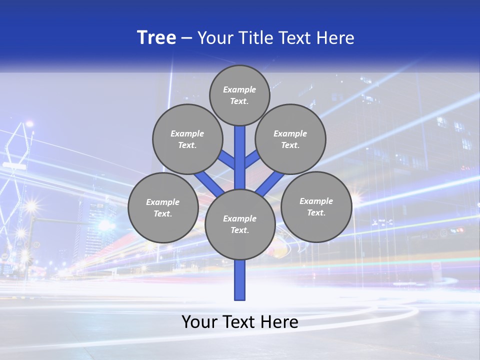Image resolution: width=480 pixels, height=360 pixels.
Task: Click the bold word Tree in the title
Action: (156, 38)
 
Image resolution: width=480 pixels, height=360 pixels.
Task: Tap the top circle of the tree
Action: (239, 95)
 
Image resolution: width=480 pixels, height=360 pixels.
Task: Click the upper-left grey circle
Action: (187, 139)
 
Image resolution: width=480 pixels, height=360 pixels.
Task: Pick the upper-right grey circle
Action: (290, 139)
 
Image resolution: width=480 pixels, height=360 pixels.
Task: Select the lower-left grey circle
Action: (163, 207)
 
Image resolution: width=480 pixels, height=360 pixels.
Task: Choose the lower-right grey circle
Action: (316, 206)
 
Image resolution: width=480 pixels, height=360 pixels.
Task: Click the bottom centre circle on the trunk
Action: (240, 224)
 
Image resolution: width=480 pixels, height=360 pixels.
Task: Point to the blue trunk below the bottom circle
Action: (240, 280)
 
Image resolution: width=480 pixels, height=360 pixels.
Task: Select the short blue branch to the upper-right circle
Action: (252, 159)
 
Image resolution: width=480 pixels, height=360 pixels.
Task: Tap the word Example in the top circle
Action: (239, 89)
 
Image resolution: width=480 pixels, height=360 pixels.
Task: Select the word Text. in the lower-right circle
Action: (316, 212)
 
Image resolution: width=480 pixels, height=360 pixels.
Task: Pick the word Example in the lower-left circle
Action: (163, 202)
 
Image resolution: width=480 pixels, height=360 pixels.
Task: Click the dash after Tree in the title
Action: (186, 38)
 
